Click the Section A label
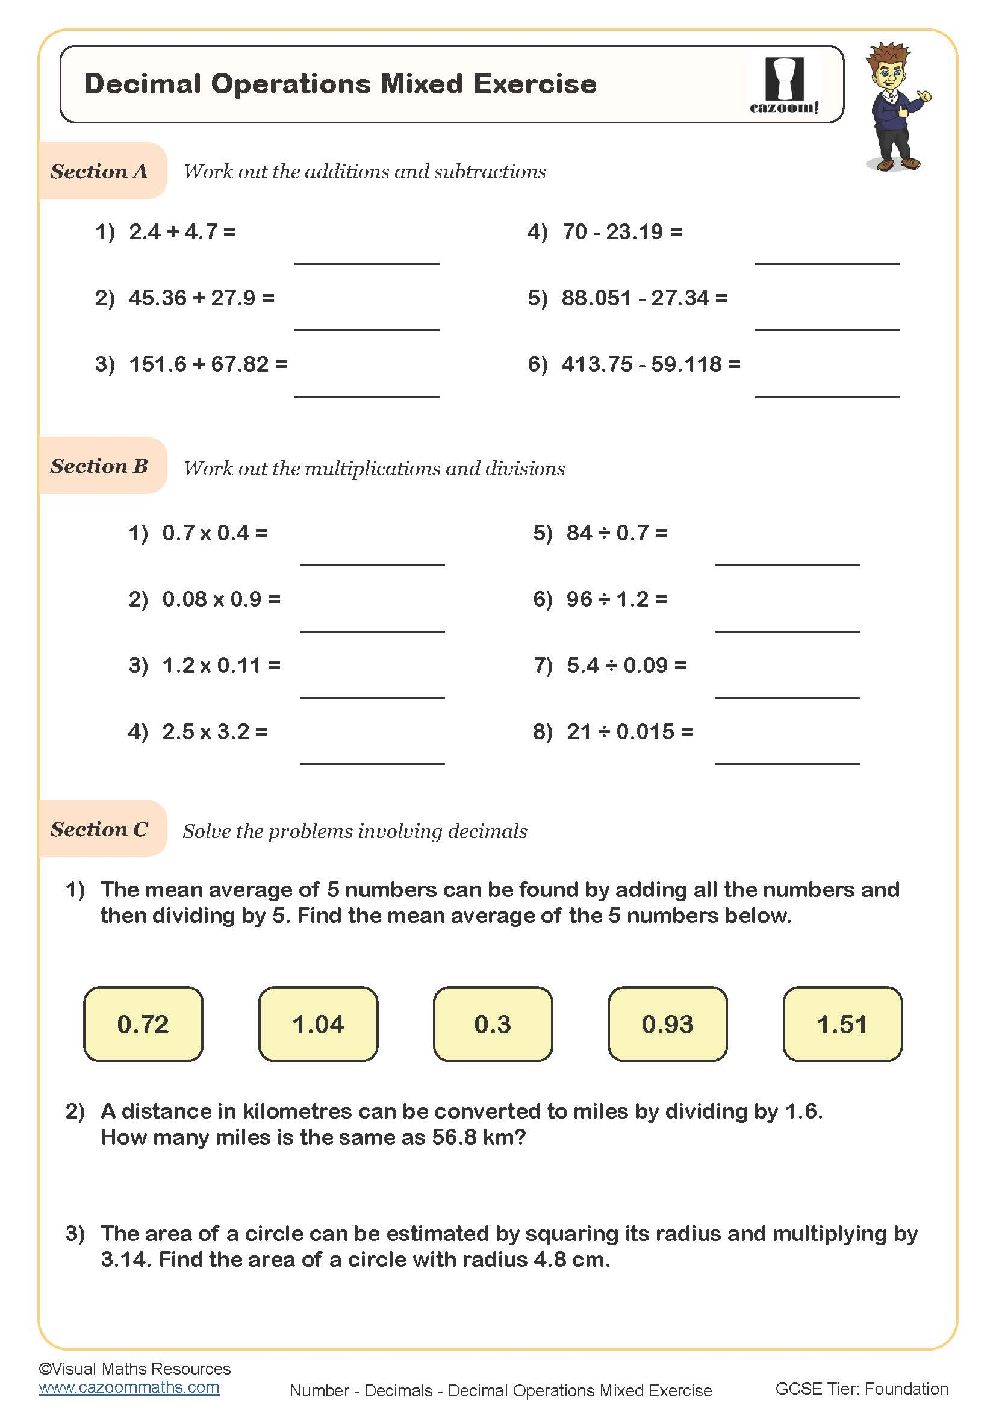(x=99, y=171)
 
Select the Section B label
(x=99, y=466)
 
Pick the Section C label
(x=99, y=829)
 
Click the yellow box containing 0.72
(x=143, y=1024)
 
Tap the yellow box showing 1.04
(x=318, y=1024)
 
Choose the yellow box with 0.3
(x=493, y=1024)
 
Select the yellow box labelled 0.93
(x=667, y=1024)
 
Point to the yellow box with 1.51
(x=842, y=1024)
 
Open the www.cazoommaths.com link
(x=129, y=1387)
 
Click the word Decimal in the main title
(x=142, y=84)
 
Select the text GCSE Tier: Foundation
(x=861, y=1389)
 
